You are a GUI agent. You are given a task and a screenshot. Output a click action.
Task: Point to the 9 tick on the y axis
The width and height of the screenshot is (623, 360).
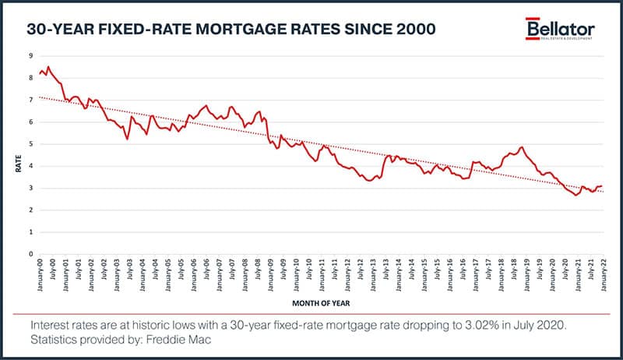(30, 55)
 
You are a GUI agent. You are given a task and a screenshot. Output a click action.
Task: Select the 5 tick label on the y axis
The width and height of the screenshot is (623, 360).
(30, 144)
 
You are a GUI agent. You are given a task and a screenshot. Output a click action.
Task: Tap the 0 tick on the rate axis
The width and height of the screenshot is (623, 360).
(30, 254)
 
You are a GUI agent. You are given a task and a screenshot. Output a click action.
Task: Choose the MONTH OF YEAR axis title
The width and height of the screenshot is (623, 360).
(320, 301)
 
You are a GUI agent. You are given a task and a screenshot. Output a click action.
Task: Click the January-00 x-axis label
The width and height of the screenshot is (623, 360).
(40, 274)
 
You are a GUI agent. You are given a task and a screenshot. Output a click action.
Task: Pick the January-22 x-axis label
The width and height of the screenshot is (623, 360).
(602, 274)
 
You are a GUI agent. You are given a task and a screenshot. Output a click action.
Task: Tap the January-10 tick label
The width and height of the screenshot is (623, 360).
(295, 274)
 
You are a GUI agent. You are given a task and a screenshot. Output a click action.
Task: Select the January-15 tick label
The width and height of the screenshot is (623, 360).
(423, 274)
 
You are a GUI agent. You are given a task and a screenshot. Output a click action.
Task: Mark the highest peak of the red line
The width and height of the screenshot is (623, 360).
(48, 67)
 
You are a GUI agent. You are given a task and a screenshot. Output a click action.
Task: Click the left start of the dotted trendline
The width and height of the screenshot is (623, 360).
(39, 97)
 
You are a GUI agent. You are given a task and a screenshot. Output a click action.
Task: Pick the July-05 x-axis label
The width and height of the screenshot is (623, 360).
(181, 274)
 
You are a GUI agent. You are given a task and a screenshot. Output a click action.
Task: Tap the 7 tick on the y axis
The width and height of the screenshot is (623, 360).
(30, 100)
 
